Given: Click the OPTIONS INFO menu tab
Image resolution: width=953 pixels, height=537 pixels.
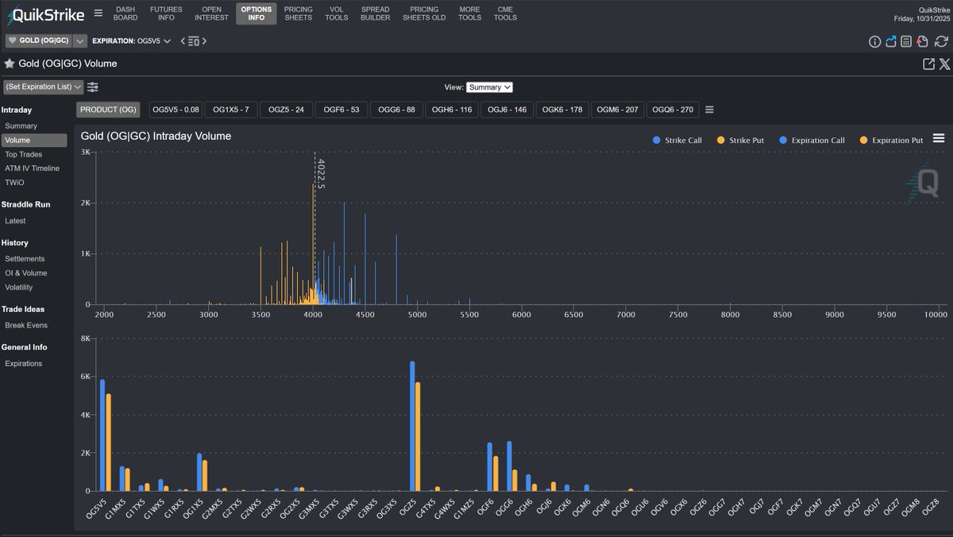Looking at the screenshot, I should click(x=256, y=14).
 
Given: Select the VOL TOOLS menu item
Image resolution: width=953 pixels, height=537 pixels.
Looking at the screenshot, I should click(x=336, y=14).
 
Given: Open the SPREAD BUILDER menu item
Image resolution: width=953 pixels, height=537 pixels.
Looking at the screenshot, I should click(x=375, y=14).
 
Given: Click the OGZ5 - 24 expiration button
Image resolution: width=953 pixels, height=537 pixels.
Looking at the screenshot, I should click(x=286, y=110).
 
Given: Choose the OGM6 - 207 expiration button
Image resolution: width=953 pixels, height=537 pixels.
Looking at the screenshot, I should click(x=617, y=110).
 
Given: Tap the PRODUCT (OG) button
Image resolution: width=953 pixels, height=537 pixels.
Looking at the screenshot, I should click(x=106, y=110).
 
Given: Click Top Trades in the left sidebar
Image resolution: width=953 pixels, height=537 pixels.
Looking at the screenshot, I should click(x=23, y=154).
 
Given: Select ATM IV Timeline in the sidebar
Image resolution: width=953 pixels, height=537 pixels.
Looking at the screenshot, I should click(x=32, y=168).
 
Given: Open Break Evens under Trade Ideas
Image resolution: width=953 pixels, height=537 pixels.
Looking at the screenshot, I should click(x=26, y=326).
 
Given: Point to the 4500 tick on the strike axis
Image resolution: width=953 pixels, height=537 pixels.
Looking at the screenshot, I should click(x=365, y=315).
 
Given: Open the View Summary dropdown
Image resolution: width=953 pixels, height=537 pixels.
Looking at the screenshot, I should click(x=489, y=87).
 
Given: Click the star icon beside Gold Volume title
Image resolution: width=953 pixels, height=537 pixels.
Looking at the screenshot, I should click(x=10, y=64).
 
